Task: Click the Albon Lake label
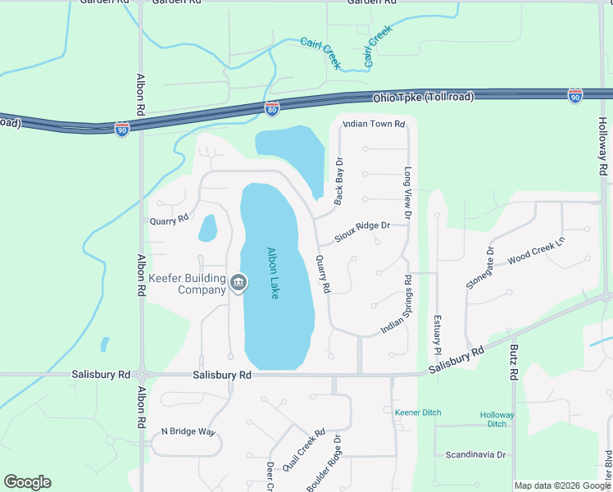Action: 274,273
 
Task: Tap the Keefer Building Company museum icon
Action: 238,284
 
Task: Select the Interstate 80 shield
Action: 272,107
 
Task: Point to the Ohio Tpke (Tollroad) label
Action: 423,98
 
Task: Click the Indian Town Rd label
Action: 373,124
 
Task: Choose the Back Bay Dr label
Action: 338,180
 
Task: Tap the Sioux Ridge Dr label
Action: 361,233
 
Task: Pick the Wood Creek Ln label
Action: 537,250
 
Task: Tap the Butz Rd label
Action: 514,361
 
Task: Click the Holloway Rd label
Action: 602,146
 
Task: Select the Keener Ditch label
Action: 418,412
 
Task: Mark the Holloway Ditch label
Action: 497,420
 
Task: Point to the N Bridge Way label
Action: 188,431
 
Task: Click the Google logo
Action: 27,482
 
